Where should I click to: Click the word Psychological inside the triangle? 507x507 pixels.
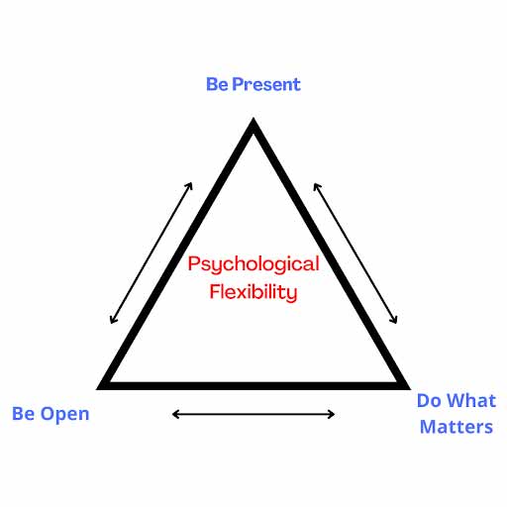click(x=253, y=265)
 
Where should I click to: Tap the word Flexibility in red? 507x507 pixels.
click(x=253, y=292)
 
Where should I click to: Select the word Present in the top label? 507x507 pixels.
click(x=266, y=84)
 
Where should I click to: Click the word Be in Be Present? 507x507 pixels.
click(x=217, y=84)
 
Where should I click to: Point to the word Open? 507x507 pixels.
click(x=64, y=415)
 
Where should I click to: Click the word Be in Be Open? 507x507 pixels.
click(x=23, y=414)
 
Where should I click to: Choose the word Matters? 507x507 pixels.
click(x=456, y=427)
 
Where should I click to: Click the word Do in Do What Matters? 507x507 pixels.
click(x=429, y=401)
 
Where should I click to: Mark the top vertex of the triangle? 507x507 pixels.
click(x=253, y=118)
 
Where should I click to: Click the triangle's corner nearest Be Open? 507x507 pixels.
click(x=97, y=389)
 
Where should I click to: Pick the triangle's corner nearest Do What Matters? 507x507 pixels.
click(x=410, y=389)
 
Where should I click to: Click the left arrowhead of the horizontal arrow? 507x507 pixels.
click(x=173, y=414)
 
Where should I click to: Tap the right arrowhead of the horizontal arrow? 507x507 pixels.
click(x=334, y=414)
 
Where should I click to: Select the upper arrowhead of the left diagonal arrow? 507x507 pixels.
click(x=191, y=183)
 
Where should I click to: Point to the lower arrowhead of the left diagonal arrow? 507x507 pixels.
click(x=111, y=323)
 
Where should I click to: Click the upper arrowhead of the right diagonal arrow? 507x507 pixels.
click(x=315, y=184)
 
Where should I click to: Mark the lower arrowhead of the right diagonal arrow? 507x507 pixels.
click(x=396, y=323)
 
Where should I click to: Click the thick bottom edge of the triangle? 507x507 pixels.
click(x=253, y=386)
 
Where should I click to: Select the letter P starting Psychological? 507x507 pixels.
click(x=194, y=264)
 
